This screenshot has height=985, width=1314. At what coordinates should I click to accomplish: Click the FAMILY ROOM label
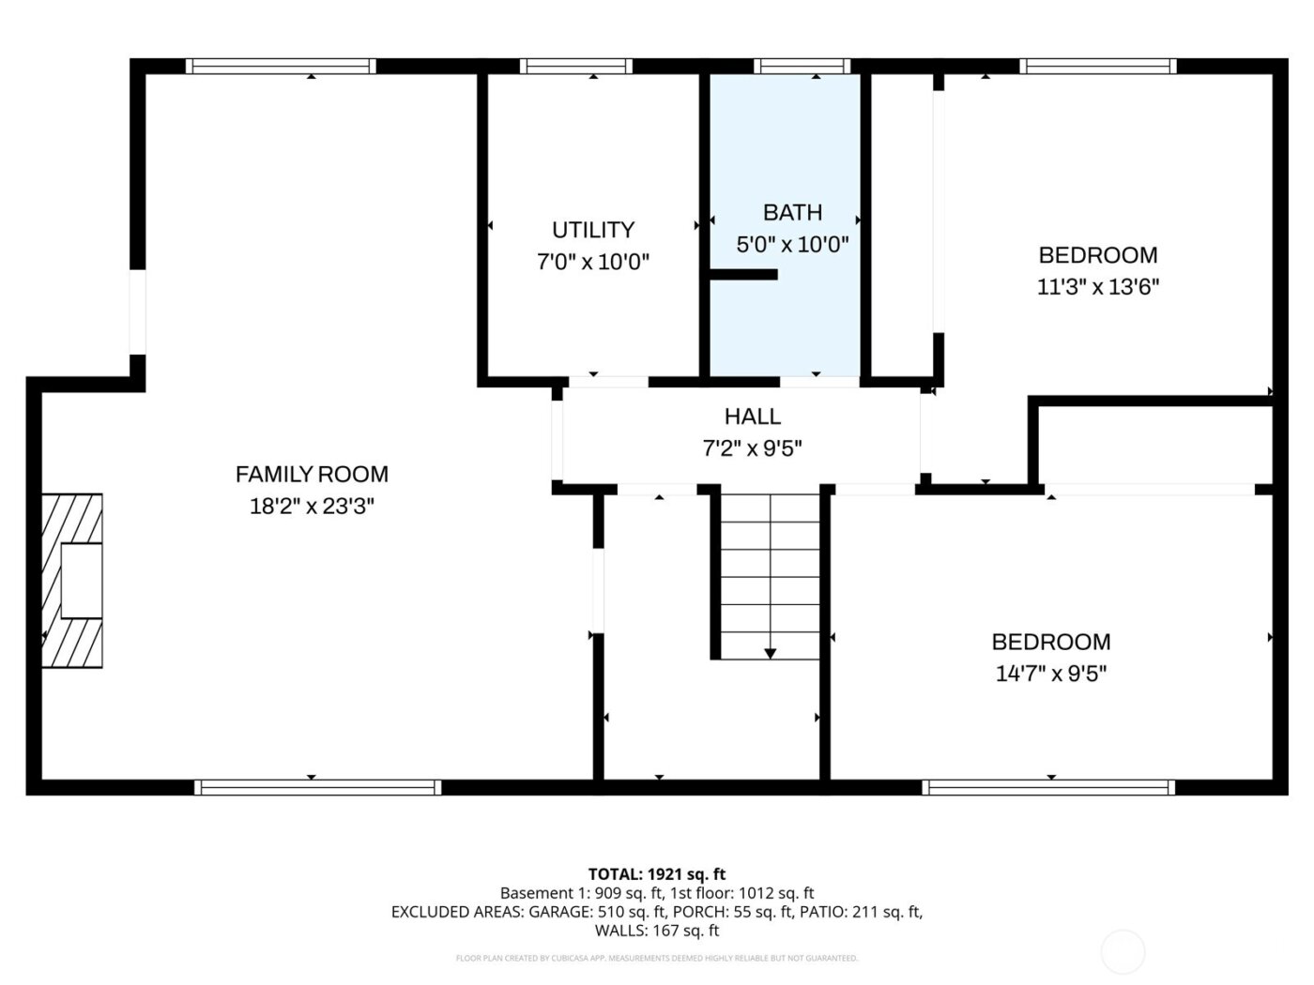click(x=312, y=475)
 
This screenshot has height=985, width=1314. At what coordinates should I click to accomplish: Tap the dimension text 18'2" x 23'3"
click(x=312, y=507)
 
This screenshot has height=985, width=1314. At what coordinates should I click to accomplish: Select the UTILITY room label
click(x=592, y=230)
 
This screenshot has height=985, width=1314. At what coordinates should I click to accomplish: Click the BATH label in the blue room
click(x=792, y=213)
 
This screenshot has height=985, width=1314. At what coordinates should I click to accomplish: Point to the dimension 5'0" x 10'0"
click(x=792, y=245)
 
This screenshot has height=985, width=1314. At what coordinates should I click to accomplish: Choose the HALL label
click(x=752, y=416)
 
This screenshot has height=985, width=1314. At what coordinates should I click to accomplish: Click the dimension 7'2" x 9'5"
click(x=752, y=448)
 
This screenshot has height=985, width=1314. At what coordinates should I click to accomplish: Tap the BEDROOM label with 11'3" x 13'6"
click(x=1097, y=255)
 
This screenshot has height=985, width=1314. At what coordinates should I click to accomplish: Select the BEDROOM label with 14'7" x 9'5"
click(x=1050, y=642)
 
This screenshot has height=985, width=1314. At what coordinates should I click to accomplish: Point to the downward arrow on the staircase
click(x=770, y=652)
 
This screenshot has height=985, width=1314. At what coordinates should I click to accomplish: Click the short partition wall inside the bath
click(x=743, y=275)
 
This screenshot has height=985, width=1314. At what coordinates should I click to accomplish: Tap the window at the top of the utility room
click(x=576, y=66)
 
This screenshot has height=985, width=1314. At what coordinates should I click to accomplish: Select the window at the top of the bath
click(x=802, y=66)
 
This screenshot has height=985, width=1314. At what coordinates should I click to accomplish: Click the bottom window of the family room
click(x=317, y=787)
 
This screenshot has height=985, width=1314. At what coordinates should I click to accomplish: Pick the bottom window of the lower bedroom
click(x=1048, y=787)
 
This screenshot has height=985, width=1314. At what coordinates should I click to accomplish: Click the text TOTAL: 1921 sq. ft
click(x=656, y=874)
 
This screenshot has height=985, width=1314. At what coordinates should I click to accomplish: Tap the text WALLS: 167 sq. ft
click(x=656, y=931)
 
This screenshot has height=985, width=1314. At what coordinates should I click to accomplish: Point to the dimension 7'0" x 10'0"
click(x=592, y=262)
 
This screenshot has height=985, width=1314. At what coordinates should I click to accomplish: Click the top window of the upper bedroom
click(x=1097, y=66)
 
